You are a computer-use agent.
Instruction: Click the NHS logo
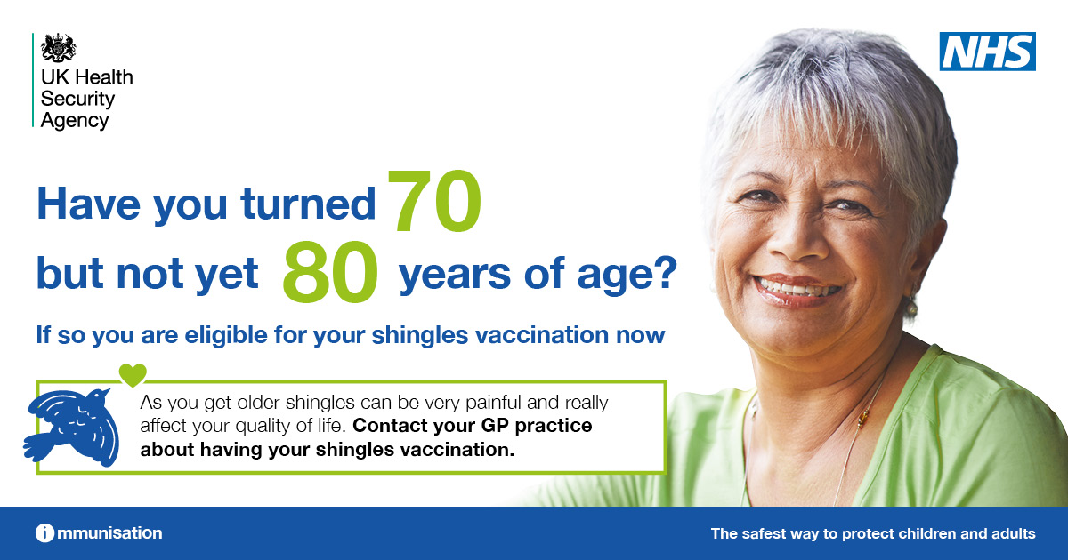point(987,52)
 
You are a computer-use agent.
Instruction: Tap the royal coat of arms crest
point(58,48)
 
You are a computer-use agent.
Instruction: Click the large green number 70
point(434,202)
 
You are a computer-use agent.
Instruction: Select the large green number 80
point(330,271)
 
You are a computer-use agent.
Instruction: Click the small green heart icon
point(133,375)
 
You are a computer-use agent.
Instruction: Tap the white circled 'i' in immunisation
point(44,533)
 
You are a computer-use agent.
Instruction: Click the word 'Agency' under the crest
point(75,121)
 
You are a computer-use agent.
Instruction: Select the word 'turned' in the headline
point(308,204)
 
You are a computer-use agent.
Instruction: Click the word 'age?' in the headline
point(627,275)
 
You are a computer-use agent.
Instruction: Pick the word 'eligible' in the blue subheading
point(226,335)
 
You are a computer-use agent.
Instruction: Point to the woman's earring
point(911,305)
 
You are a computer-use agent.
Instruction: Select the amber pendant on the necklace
point(862,420)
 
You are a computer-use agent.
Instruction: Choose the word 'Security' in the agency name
point(77,99)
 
